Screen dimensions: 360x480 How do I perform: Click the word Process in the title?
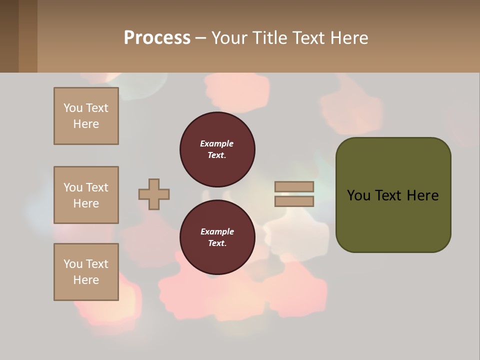point(157,37)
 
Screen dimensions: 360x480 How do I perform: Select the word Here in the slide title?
point(349,37)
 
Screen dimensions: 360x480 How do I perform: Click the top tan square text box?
point(86,116)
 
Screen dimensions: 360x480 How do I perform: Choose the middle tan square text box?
point(86,195)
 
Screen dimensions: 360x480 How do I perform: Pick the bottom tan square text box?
point(86,272)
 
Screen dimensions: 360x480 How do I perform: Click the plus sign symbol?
point(154,194)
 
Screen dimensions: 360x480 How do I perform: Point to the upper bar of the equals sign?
point(294,187)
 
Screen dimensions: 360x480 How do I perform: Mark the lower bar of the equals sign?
point(294,201)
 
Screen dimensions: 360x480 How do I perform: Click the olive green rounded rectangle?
point(393,220)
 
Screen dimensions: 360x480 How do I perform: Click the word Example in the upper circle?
point(216,143)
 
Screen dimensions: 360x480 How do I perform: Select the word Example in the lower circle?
point(217,231)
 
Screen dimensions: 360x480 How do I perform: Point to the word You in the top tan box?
point(72,108)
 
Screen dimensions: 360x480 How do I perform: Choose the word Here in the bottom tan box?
point(86,280)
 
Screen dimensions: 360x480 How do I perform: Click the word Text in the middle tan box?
point(96,187)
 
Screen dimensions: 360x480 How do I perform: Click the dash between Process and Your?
point(200,38)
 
